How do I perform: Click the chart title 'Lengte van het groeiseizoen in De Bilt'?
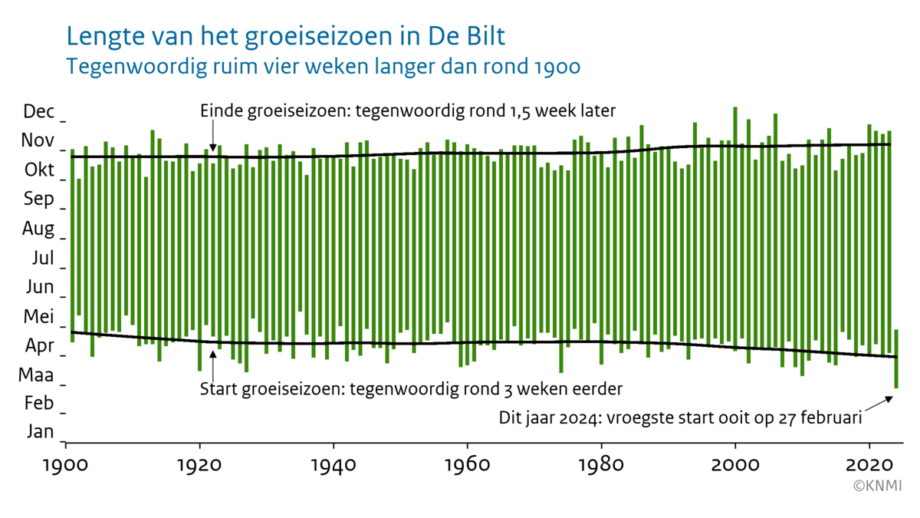(x=286, y=37)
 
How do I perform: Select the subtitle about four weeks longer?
(x=323, y=66)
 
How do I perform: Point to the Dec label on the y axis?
(x=39, y=112)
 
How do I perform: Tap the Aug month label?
(x=38, y=229)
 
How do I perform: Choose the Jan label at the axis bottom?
(x=40, y=432)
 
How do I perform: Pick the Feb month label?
(x=40, y=403)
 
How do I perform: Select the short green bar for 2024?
(x=895, y=358)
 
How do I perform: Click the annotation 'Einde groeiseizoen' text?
(x=407, y=111)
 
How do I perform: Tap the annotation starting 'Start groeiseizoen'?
(x=410, y=388)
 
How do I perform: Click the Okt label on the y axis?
(x=39, y=170)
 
